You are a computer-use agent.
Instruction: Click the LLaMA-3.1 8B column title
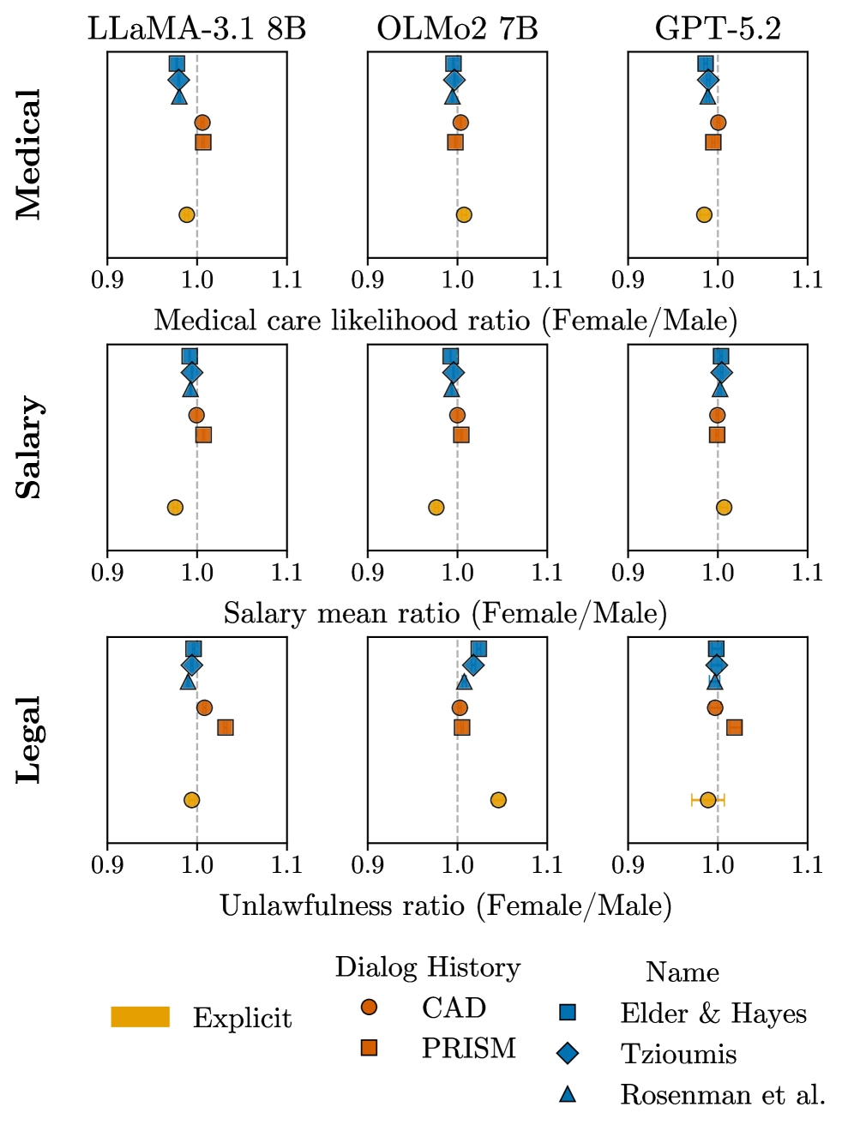coord(196,28)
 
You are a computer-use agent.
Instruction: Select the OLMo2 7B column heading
coord(457,28)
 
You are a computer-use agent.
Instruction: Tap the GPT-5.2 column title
coord(718,28)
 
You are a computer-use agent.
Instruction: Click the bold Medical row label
coord(28,154)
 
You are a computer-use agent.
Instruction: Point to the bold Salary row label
coord(28,447)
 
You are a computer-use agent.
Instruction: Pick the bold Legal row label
coord(28,739)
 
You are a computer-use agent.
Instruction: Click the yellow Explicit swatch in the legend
coord(141,1017)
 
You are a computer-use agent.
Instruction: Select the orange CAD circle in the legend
coord(370,1007)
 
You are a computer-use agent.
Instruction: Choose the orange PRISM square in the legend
coord(370,1047)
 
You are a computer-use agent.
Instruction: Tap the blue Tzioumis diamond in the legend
coord(568,1053)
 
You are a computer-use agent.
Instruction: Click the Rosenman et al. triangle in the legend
coord(568,1093)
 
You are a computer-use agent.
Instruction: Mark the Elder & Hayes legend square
coord(568,1013)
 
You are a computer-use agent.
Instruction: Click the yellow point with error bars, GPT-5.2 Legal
coord(707,800)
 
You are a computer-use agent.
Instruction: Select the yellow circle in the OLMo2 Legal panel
coord(498,800)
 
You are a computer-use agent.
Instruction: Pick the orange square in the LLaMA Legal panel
coord(226,727)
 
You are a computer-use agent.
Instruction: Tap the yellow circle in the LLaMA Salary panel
coord(175,508)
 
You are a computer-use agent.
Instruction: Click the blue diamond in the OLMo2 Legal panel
coord(472,665)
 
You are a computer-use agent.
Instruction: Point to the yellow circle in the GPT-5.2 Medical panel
coord(704,214)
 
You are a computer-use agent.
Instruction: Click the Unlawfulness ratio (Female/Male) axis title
coord(446,905)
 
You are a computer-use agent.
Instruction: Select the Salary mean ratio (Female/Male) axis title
coord(446,613)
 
